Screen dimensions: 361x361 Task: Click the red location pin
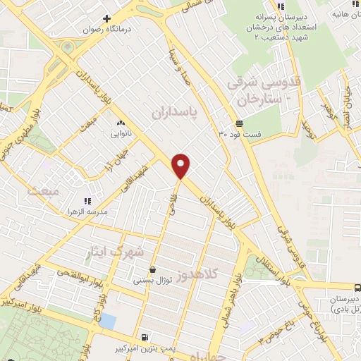pyautogui.click(x=181, y=166)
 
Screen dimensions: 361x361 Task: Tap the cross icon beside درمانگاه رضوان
pyautogui.click(x=106, y=18)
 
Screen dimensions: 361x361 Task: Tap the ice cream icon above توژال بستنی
pyautogui.click(x=153, y=270)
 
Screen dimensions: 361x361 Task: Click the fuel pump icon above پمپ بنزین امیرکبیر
pyautogui.click(x=145, y=337)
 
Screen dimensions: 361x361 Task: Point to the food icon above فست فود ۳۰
pyautogui.click(x=240, y=123)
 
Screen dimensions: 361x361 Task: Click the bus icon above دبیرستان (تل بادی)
pyautogui.click(x=357, y=288)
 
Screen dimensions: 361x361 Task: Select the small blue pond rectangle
pyautogui.click(x=107, y=322)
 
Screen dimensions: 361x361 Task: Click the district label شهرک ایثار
pyautogui.click(x=119, y=252)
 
